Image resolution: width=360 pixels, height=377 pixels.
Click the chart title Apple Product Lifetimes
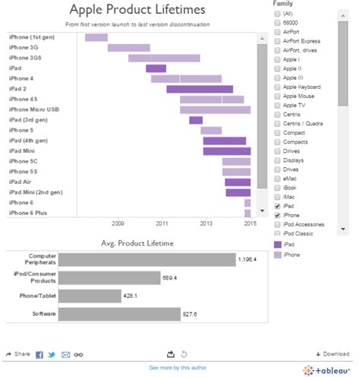137,10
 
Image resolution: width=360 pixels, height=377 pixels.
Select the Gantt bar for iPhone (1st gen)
96,37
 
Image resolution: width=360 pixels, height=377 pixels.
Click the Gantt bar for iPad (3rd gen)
196,120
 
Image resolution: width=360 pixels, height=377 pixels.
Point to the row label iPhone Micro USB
33,109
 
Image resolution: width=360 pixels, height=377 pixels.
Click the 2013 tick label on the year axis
206,223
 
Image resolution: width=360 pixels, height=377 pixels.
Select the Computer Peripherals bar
147,259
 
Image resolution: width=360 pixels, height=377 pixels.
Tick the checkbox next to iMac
277,194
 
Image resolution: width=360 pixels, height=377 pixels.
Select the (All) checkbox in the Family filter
277,14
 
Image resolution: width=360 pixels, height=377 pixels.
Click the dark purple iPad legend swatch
277,245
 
